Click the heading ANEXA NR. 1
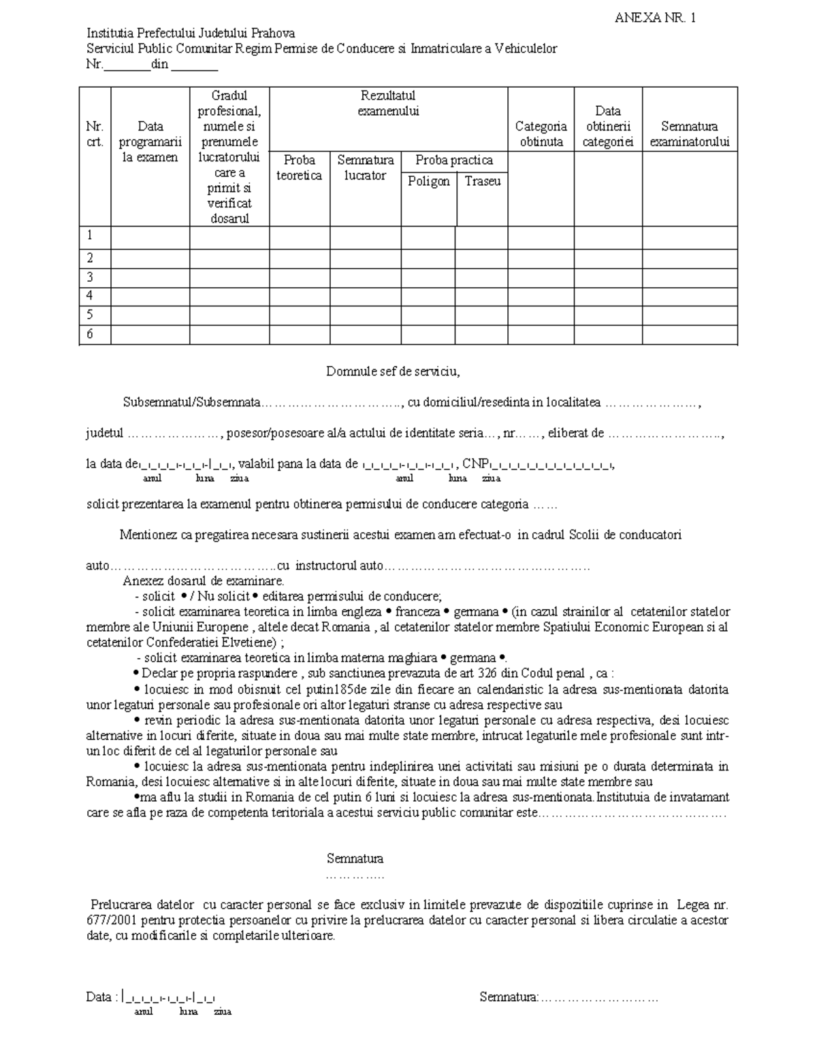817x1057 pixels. click(654, 18)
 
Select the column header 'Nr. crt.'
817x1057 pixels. click(95, 134)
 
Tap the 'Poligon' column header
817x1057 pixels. click(428, 181)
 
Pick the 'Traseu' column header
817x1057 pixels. click(482, 181)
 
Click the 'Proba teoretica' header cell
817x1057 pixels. click(299, 167)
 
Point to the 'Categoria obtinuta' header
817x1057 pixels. click(541, 134)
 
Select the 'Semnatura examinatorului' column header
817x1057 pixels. click(689, 134)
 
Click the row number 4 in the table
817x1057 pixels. click(89, 296)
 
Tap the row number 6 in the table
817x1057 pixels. click(89, 334)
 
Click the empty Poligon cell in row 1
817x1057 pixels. click(428, 237)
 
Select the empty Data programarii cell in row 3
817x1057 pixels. click(150, 278)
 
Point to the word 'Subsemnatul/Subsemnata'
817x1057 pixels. click(192, 402)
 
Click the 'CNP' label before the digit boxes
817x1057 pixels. click(475, 464)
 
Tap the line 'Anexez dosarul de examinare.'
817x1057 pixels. click(204, 581)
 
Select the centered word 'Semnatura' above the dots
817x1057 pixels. click(355, 858)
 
